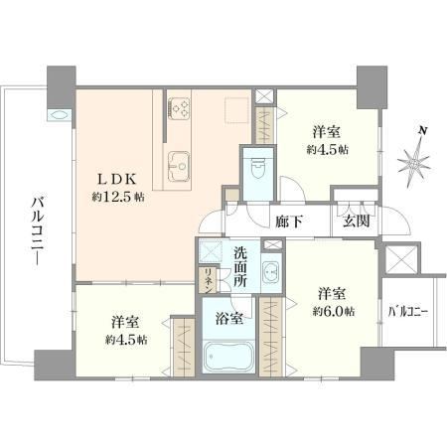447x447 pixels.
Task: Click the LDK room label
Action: (x=116, y=180)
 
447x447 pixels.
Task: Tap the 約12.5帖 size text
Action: (x=118, y=198)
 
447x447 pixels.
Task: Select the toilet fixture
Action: (x=257, y=168)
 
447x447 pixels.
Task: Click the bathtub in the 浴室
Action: (x=228, y=357)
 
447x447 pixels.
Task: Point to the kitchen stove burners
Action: (x=179, y=108)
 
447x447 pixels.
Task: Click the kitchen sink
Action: (x=179, y=166)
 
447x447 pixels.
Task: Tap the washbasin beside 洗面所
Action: (x=271, y=272)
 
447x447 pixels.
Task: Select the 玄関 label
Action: (x=356, y=221)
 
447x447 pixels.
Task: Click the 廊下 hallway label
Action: (x=289, y=222)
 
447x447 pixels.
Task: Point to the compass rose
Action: (x=414, y=163)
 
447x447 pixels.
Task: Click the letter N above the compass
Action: (x=423, y=130)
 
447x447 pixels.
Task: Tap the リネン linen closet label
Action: (x=209, y=280)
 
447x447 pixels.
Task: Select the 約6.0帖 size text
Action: (x=334, y=312)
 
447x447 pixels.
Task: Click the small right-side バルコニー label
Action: (x=408, y=312)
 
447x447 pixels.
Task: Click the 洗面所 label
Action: (x=240, y=267)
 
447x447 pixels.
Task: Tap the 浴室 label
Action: (x=229, y=319)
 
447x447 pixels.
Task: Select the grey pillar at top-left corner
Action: (x=62, y=87)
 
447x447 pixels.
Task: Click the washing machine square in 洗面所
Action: (x=211, y=251)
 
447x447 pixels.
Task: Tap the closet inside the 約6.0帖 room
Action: (x=271, y=337)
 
